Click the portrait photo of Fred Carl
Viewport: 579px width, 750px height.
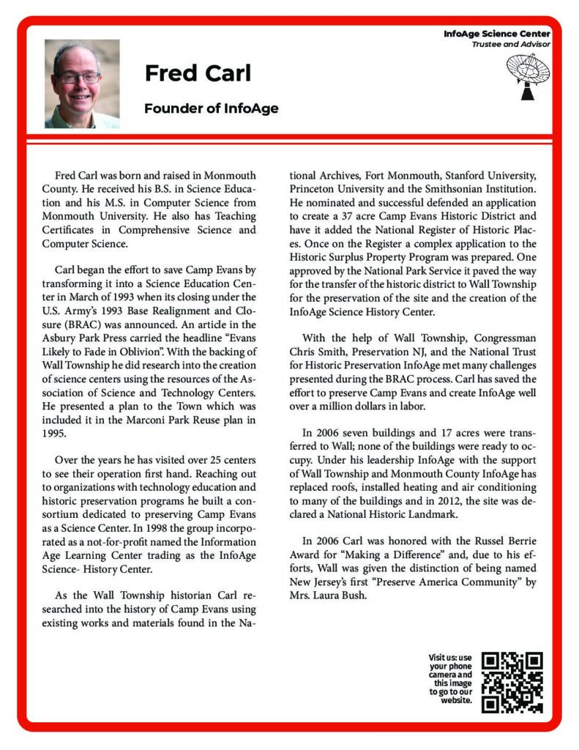pos(82,83)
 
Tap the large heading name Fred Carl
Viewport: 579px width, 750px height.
pos(198,73)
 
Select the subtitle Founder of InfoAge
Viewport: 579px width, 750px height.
pos(211,108)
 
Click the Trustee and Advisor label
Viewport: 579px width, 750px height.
pos(510,45)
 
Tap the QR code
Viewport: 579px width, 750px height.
pos(513,682)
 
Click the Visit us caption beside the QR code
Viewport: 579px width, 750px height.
pos(450,678)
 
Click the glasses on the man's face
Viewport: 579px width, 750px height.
pos(80,76)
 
